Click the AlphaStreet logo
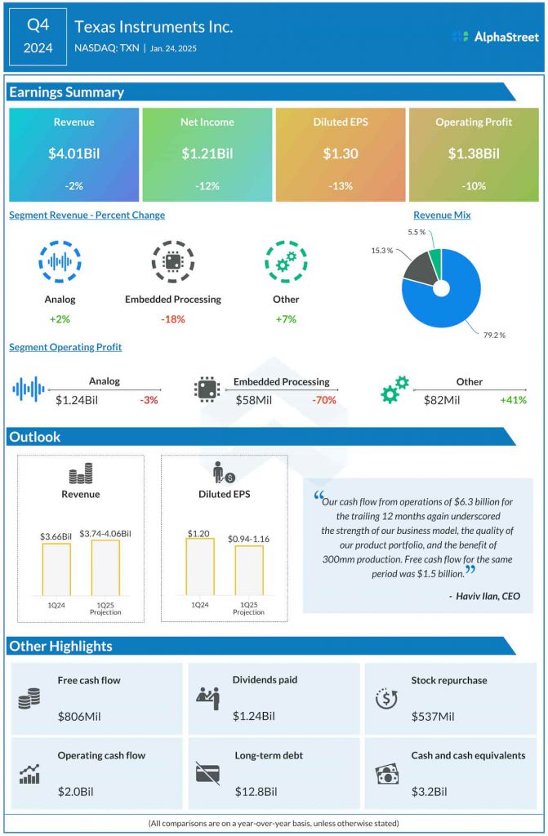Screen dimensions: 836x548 (495, 37)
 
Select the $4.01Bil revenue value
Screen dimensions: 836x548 (74, 153)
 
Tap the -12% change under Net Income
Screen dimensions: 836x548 (207, 186)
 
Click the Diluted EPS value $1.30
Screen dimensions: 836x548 (341, 153)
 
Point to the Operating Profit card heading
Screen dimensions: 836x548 (474, 122)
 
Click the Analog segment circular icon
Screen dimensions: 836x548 (59, 262)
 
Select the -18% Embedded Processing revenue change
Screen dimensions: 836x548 (172, 319)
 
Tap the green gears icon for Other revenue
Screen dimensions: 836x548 (286, 262)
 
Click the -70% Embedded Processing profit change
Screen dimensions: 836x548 (324, 400)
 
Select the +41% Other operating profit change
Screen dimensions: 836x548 (513, 400)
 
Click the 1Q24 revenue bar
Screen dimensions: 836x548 (56, 570)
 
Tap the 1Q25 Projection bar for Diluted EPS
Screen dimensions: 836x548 (249, 571)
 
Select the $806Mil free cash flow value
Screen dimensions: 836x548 (79, 717)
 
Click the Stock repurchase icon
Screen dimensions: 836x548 (385, 699)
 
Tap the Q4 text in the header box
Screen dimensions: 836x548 (38, 24)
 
